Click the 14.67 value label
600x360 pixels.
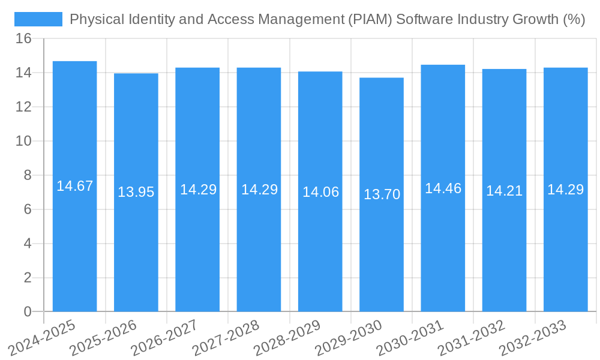(x=74, y=186)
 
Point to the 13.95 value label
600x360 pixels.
(x=136, y=192)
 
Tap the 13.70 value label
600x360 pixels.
(x=382, y=194)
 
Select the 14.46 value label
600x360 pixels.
(x=443, y=188)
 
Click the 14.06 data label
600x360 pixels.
(x=320, y=192)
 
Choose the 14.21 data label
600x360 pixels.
(x=504, y=191)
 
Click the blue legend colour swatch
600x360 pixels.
(x=38, y=19)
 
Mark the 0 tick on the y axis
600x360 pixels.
(x=28, y=311)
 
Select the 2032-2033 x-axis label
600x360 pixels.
(x=533, y=337)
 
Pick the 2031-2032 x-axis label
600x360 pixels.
(x=472, y=337)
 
